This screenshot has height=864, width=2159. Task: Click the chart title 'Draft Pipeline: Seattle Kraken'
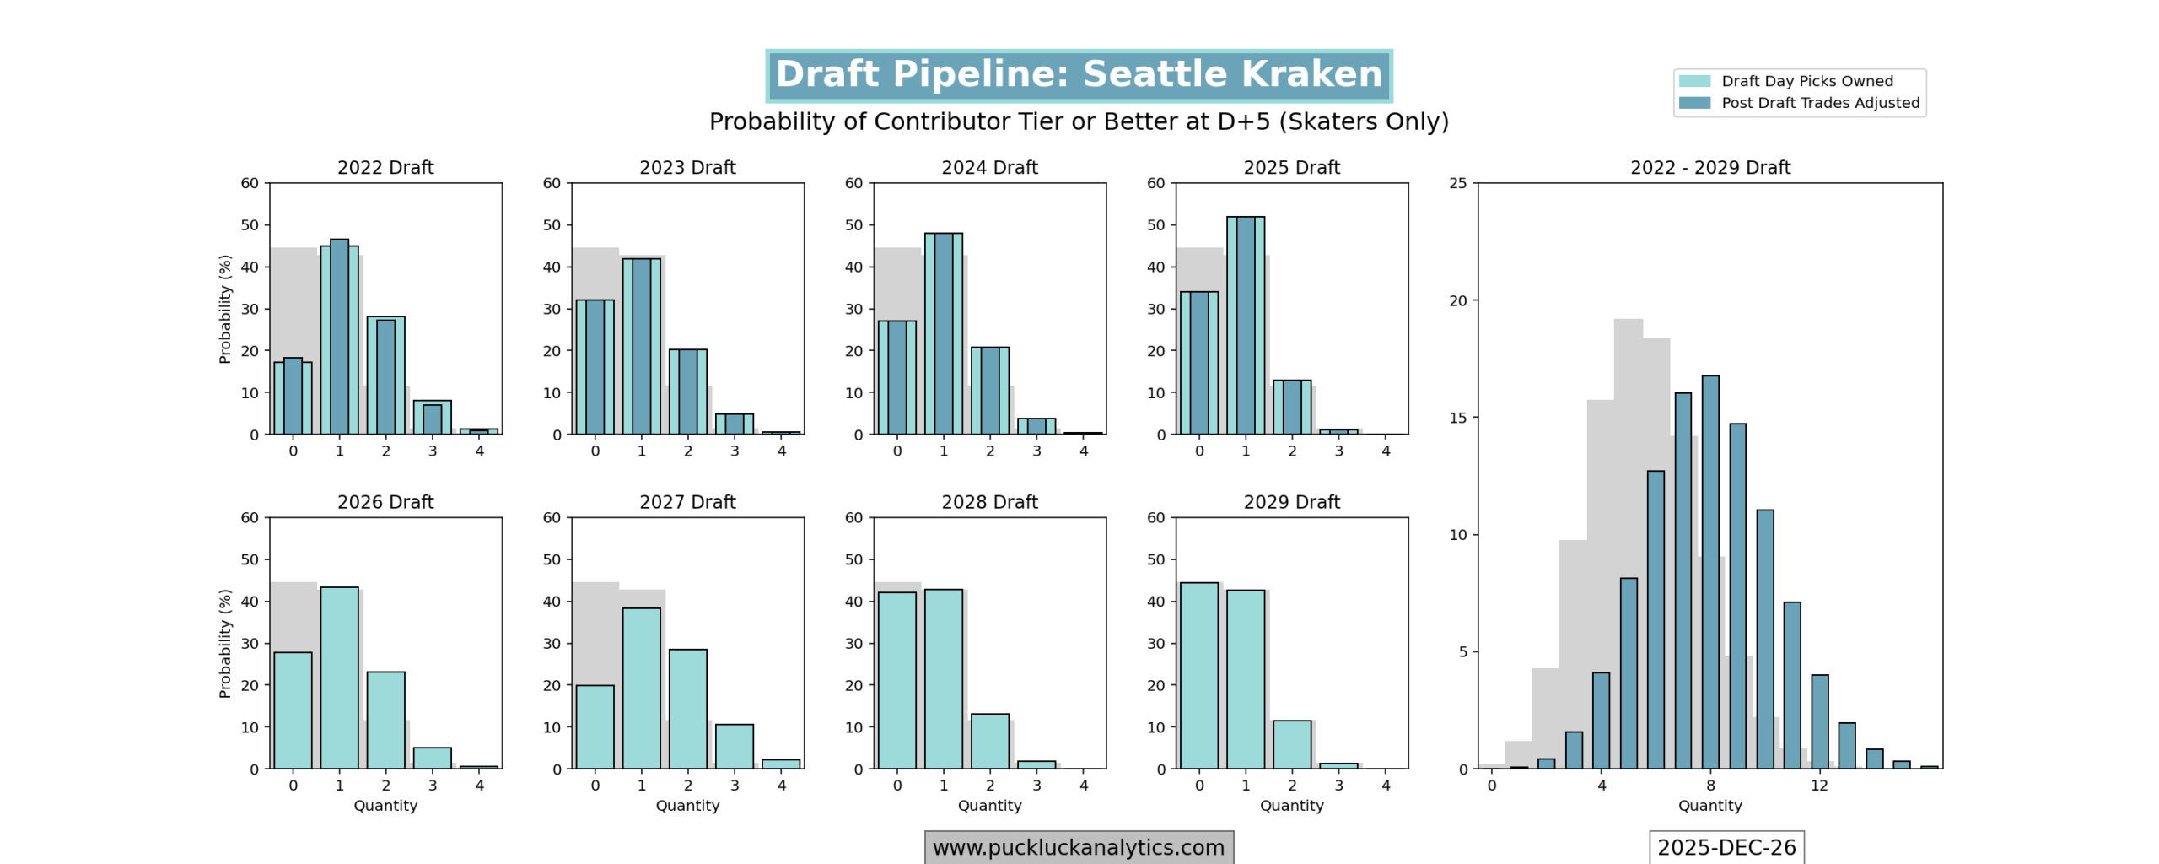coord(1079,75)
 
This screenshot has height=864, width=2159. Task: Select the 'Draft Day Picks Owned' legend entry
coord(1806,81)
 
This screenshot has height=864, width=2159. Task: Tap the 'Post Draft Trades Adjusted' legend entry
coord(1820,103)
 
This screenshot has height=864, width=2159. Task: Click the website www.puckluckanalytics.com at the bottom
coord(1079,847)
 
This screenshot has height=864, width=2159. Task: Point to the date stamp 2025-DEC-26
coord(1726,847)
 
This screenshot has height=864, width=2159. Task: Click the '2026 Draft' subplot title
coord(385,502)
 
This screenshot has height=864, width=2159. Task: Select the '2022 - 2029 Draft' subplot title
coord(1709,168)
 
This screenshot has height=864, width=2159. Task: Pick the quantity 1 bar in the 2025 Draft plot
coord(1246,325)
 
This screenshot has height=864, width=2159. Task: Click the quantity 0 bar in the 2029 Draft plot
coord(1198,675)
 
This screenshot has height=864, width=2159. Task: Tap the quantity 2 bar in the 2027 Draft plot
coord(687,709)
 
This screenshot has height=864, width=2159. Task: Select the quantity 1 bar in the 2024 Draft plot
coord(943,333)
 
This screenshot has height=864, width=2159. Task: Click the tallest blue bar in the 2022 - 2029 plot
coord(1710,572)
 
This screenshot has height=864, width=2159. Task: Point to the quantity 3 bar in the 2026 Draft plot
coord(432,758)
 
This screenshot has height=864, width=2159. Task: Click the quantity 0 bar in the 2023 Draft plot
coord(595,367)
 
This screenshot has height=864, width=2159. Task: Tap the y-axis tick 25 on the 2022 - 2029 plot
coord(1458,183)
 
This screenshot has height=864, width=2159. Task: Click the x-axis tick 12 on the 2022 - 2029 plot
coord(1819,786)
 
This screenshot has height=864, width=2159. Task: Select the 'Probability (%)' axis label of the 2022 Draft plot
coord(224,309)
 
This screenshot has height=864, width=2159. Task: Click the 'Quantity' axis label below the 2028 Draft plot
coord(989,806)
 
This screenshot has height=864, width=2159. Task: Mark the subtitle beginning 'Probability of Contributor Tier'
coord(1079,121)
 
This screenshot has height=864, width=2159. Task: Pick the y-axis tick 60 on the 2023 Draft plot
coord(552,183)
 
